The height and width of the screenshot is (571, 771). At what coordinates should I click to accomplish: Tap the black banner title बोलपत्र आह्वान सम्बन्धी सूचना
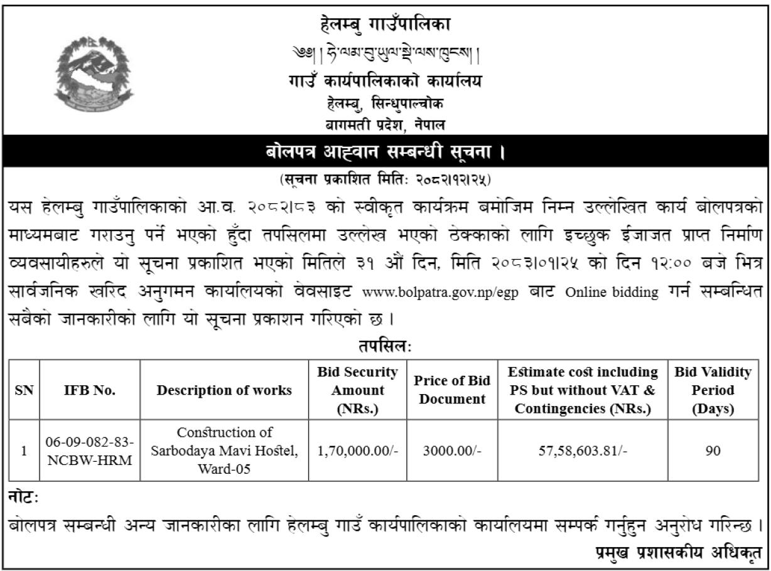(x=385, y=151)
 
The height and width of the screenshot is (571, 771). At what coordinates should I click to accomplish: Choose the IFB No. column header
(x=90, y=390)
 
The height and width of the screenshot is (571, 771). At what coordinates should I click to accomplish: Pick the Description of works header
(x=224, y=390)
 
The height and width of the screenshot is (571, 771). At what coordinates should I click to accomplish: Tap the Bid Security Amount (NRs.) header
(x=358, y=390)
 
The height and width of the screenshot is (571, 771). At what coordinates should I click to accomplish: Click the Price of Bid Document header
(x=452, y=390)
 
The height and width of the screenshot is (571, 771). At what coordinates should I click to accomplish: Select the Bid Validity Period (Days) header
(x=713, y=390)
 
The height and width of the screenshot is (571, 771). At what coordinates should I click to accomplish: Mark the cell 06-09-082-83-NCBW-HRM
(x=90, y=451)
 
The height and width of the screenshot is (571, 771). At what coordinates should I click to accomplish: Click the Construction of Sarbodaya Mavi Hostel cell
(x=224, y=451)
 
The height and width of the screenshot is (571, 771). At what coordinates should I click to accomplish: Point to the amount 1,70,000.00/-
(x=358, y=451)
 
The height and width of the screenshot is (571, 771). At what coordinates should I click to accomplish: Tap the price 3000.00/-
(x=452, y=451)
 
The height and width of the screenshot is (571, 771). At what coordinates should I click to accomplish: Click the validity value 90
(x=713, y=451)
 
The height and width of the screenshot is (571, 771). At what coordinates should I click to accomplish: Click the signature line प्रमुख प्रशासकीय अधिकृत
(x=679, y=553)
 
